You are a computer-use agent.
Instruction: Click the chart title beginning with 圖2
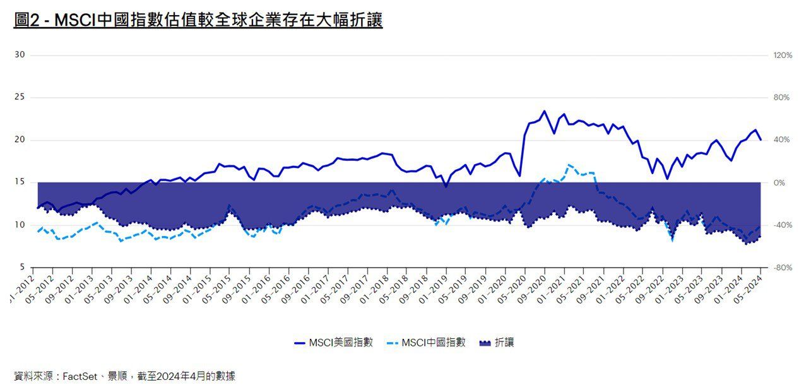pos(198,20)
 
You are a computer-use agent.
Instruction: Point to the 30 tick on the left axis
pos(20,55)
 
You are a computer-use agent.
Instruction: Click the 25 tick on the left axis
pos(20,97)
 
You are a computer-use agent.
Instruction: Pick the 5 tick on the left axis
pos(22,267)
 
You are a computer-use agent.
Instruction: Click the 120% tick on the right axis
pos(783,56)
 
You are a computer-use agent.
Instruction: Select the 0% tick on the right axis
pos(780,182)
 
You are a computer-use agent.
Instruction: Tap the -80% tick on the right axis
pos(783,268)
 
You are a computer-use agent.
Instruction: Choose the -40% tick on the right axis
pos(783,225)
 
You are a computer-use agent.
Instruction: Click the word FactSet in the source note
pos(80,376)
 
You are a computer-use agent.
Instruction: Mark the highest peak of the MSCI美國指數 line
pos(544,111)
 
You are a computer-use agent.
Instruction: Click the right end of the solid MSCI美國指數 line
pos(761,139)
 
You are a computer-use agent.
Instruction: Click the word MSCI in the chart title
pos(74,20)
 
